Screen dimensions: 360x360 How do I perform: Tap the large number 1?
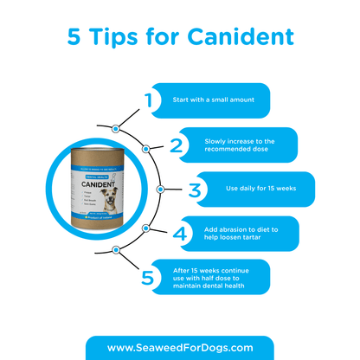pyautogui.click(x=148, y=101)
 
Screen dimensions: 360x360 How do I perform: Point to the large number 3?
pyautogui.click(x=196, y=190)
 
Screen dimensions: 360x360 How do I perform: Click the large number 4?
pyautogui.click(x=181, y=233)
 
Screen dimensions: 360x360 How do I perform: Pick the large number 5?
pyautogui.click(x=148, y=277)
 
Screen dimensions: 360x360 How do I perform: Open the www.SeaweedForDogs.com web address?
pyautogui.click(x=180, y=347)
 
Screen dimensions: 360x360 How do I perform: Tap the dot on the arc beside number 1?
pyautogui.click(x=114, y=128)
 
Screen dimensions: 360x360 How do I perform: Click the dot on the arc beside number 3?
pyautogui.click(x=160, y=188)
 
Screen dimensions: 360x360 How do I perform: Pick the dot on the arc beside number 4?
pyautogui.click(x=146, y=228)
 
